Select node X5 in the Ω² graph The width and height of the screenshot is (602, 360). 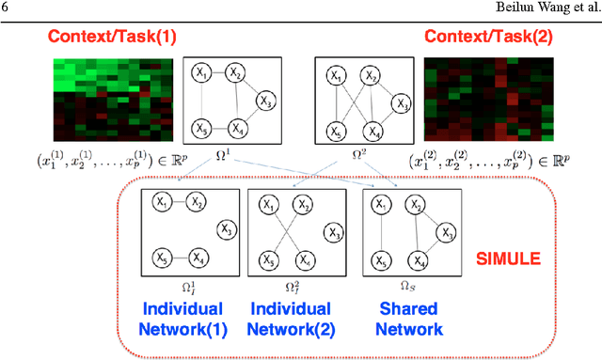[x=334, y=130]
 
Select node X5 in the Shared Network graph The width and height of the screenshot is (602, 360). [x=380, y=260]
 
